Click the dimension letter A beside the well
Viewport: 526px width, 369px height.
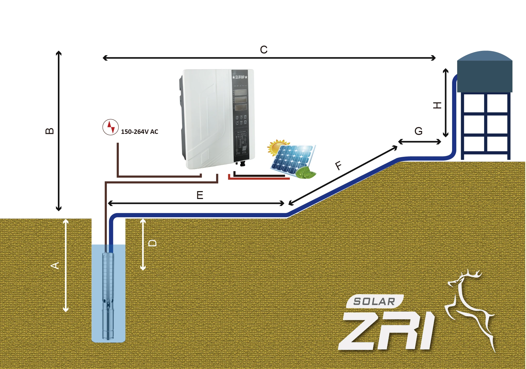[x=55, y=265]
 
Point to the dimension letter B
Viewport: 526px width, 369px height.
[x=50, y=131]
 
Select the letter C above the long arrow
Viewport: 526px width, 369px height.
[x=264, y=50]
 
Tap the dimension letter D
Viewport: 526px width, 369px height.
[x=153, y=243]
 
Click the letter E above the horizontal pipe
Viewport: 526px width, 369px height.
[x=200, y=195]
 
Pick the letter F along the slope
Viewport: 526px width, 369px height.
[x=338, y=166]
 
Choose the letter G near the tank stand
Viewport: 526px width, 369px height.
[x=418, y=131]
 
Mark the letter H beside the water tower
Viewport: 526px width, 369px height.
[x=437, y=105]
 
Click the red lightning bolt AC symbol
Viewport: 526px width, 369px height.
[x=110, y=127]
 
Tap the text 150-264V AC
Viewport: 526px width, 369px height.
[x=139, y=132]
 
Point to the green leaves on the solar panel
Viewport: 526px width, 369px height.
[x=306, y=173]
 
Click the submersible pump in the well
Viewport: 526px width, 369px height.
[x=108, y=295]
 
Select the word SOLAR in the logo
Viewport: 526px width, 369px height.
[x=374, y=302]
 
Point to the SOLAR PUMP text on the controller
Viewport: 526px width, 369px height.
[x=240, y=77]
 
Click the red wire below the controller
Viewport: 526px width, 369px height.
[x=259, y=178]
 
